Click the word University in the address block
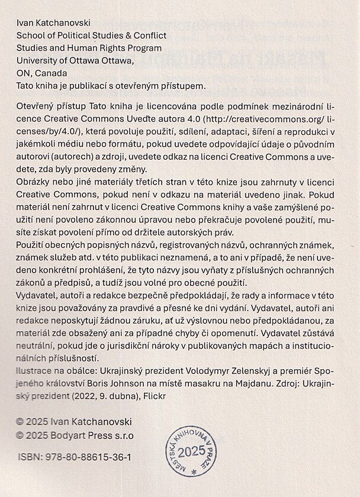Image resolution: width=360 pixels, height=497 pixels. pos(37,60)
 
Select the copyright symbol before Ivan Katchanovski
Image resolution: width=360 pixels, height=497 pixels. pos(20,422)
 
